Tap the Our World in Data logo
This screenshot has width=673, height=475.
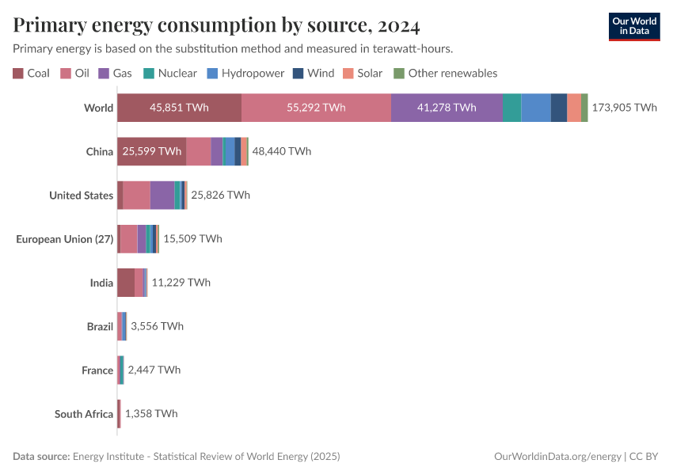coord(633,26)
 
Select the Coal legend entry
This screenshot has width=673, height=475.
coord(32,73)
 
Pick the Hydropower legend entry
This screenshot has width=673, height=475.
coord(245,73)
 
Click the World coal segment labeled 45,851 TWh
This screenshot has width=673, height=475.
coord(179,108)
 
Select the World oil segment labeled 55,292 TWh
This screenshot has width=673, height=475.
coord(316,108)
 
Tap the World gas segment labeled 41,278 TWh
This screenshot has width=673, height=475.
coord(447,108)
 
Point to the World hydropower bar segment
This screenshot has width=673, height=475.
coord(536,108)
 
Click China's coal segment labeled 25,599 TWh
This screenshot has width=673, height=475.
coord(151,151)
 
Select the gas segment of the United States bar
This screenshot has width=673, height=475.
coord(162,195)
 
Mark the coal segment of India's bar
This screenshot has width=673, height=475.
coord(125,282)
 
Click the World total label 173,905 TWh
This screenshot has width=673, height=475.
coord(624,108)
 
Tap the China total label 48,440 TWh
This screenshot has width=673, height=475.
coord(282,151)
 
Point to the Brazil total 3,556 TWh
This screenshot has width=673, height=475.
coord(157,326)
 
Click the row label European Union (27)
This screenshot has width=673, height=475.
coord(65,238)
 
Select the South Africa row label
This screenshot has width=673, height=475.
coord(84,413)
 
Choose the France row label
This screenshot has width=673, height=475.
coord(97,370)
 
